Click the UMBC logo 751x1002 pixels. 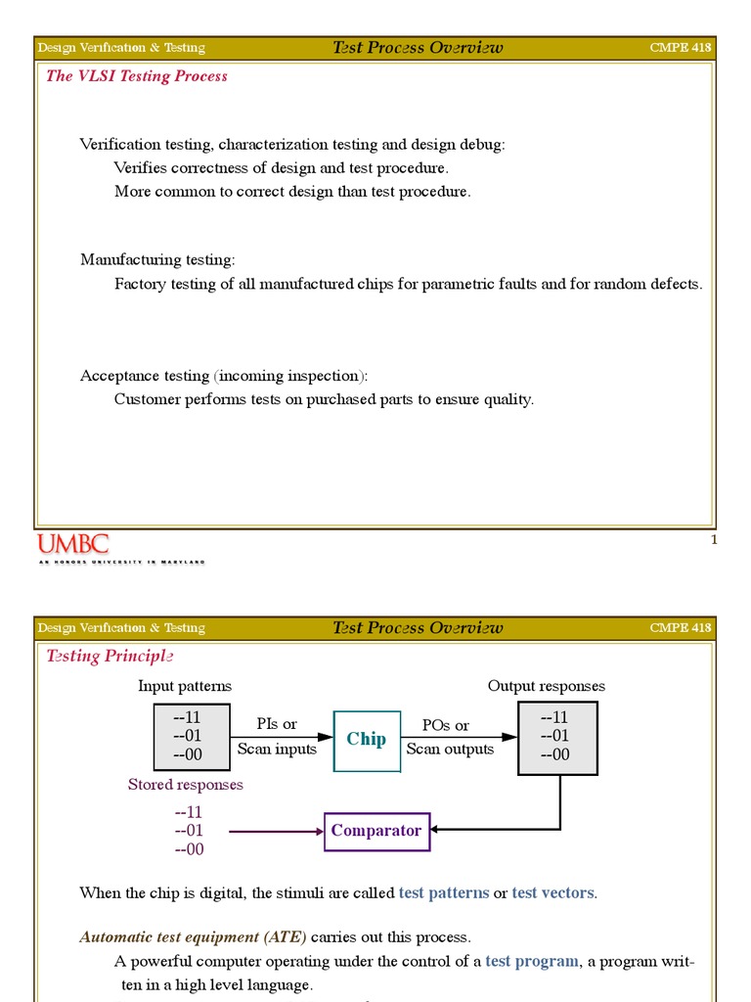(73, 545)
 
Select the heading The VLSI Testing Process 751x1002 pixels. (137, 76)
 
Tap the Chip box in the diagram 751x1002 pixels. (366, 739)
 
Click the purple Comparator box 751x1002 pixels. (376, 831)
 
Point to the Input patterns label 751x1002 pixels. (185, 686)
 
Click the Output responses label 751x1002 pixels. (546, 686)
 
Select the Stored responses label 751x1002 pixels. (186, 785)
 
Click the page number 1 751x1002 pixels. (714, 540)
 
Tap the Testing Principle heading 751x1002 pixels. (110, 656)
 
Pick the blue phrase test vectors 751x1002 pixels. (552, 892)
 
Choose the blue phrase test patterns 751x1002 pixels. (444, 892)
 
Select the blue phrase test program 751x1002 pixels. (532, 961)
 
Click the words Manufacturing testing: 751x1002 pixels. (157, 259)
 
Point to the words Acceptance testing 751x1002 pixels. (145, 376)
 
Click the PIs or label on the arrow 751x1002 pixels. (277, 724)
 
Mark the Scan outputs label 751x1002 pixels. (450, 749)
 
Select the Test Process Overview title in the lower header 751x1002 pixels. (418, 627)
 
